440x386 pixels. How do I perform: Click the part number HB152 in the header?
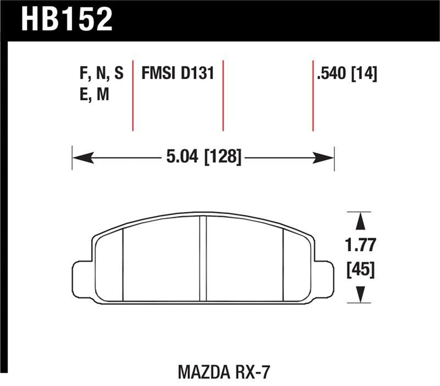pyautogui.click(x=67, y=20)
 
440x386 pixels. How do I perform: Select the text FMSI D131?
pyautogui.click(x=177, y=74)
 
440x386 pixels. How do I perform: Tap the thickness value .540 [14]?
pyautogui.click(x=346, y=74)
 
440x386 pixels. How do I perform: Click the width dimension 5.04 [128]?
pyautogui.click(x=204, y=158)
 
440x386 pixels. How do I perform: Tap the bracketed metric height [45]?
pyautogui.click(x=360, y=269)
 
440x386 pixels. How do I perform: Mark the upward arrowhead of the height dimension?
pyautogui.click(x=360, y=222)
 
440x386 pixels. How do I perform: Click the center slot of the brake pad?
pyautogui.click(x=202, y=258)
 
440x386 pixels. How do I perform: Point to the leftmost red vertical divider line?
pyautogui.click(x=133, y=93)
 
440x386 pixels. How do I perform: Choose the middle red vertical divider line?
pyautogui.click(x=223, y=93)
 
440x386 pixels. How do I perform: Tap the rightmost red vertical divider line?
pyautogui.click(x=312, y=93)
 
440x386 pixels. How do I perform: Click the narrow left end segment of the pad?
pyautogui.click(x=109, y=267)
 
